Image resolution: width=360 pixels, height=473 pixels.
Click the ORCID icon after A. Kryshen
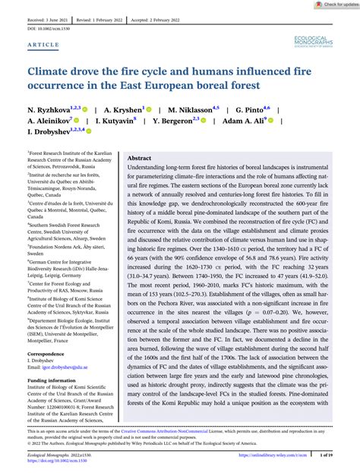point(149,109)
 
